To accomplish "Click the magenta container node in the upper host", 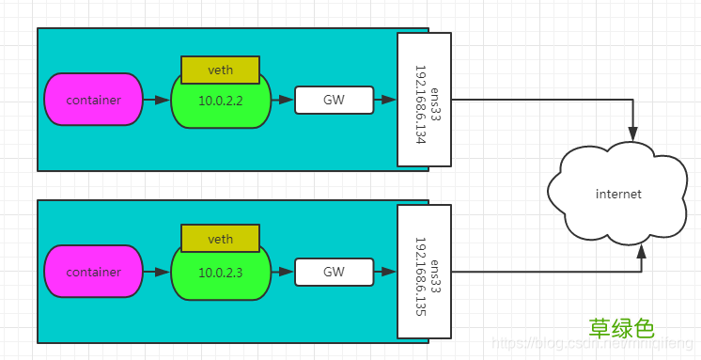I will click(x=93, y=99).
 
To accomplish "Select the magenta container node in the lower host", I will click(x=93, y=273).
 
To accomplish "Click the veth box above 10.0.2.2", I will click(x=220, y=70).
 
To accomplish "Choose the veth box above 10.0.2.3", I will click(x=220, y=240).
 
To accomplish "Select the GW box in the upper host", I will click(x=334, y=100).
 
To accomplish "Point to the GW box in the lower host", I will click(x=334, y=273).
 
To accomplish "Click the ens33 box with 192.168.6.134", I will click(x=424, y=99).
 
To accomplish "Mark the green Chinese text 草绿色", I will click(x=620, y=328).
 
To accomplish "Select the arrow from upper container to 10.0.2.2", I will click(x=157, y=100).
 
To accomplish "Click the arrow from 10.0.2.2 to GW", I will click(x=283, y=100).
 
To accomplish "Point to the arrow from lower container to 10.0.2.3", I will click(x=157, y=273).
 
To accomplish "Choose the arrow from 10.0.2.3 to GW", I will click(x=283, y=273).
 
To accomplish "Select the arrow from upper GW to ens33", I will click(x=384, y=100).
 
